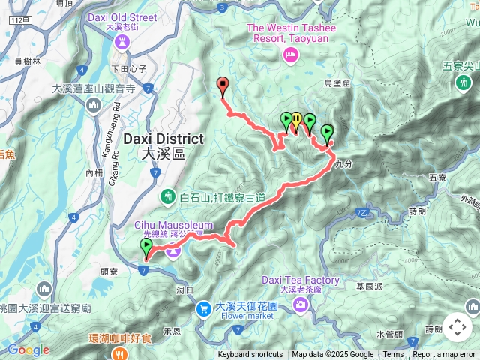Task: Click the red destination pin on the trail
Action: pyautogui.click(x=222, y=84)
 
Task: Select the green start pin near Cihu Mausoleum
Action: pyautogui.click(x=145, y=246)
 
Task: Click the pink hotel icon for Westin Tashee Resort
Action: pyautogui.click(x=290, y=54)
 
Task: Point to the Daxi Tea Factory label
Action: pyautogui.click(x=300, y=280)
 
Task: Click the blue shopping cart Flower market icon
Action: pyautogui.click(x=203, y=308)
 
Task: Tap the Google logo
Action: pyautogui.click(x=28, y=349)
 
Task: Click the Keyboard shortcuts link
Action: pyautogui.click(x=250, y=355)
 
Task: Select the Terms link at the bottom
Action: pyautogui.click(x=393, y=355)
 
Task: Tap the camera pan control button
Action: pyautogui.click(x=457, y=327)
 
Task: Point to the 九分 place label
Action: pyautogui.click(x=344, y=163)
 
